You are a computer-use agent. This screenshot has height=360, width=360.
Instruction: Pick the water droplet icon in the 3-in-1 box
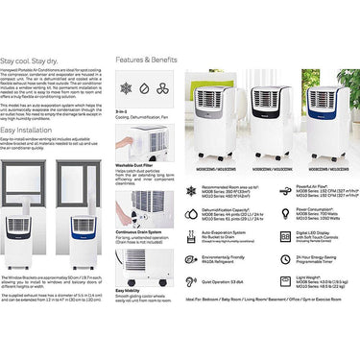coord(144,87)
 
